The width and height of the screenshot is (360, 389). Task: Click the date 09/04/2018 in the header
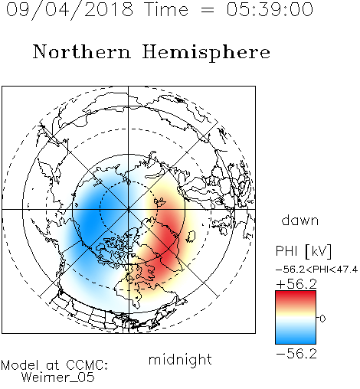coord(70,10)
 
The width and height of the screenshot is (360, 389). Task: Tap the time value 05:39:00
coord(270,9)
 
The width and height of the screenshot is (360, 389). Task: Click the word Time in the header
coord(166,9)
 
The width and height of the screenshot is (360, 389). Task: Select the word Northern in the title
coord(82,51)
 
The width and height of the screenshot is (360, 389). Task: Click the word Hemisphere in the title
coord(206,53)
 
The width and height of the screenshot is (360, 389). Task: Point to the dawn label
coord(300,220)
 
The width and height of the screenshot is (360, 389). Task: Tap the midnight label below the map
coord(180,359)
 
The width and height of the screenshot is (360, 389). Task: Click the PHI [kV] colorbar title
coord(303,251)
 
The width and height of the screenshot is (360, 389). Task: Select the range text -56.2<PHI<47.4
coord(316,270)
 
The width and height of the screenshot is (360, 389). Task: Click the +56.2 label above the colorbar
coord(296,284)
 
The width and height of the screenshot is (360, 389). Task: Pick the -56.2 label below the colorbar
coord(296,354)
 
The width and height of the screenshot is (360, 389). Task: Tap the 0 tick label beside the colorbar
coord(322,319)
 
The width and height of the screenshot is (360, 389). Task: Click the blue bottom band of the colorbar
coord(296,338)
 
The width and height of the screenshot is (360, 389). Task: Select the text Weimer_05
coord(58,378)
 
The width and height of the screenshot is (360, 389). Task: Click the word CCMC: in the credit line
coord(87,365)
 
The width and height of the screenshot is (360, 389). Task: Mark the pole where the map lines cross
coord(129,209)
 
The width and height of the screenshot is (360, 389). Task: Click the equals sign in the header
coord(208,10)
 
